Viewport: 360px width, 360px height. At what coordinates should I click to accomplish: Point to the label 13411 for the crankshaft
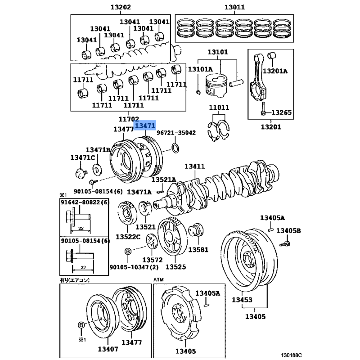coord(194,167)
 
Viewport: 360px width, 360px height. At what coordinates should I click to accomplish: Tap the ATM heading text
coord(159,279)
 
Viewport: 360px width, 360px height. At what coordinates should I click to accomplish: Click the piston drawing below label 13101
coord(215,85)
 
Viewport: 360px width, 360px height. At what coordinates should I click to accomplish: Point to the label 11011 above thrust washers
coord(219,108)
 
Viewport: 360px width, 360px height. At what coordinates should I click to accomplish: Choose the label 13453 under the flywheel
coord(242,300)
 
